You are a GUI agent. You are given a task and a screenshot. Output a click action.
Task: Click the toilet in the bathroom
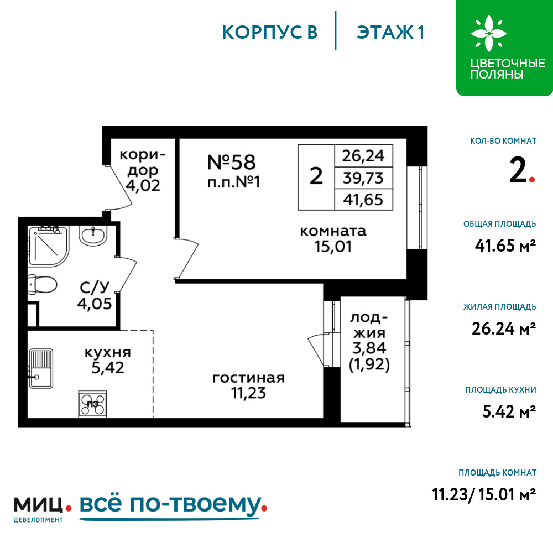[x=43, y=284]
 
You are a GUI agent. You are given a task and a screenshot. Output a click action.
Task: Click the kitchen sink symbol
[x=41, y=368]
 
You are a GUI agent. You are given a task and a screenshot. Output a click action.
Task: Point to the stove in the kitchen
[x=92, y=404]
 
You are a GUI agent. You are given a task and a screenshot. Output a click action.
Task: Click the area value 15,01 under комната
[x=333, y=247]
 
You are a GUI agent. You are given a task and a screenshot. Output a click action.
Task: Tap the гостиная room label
[x=248, y=378]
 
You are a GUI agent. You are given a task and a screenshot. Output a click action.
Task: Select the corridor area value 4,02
[x=143, y=185]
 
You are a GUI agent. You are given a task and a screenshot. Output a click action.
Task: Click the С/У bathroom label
[x=95, y=288]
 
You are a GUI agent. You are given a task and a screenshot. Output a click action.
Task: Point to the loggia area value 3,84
[x=369, y=348]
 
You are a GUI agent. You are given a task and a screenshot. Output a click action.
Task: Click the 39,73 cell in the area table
[x=363, y=178]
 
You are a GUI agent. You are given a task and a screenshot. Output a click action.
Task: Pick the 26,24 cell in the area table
[x=363, y=156]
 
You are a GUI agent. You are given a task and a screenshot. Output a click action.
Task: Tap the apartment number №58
[x=231, y=162]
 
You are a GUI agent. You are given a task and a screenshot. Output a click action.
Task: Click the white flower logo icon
[x=488, y=33]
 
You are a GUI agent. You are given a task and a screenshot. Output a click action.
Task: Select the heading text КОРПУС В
[x=270, y=32]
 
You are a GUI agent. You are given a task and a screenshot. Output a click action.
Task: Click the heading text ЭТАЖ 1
[x=390, y=32]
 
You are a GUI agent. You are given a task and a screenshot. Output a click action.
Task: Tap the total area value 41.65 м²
[x=505, y=246]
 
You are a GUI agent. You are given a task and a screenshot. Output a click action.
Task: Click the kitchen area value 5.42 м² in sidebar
[x=509, y=411]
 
